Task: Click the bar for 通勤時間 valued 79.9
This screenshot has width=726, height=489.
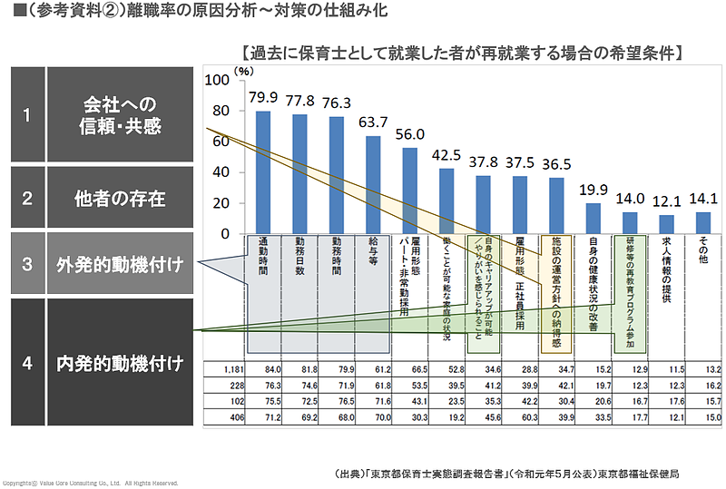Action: [263, 172]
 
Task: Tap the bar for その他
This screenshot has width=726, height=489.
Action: [702, 223]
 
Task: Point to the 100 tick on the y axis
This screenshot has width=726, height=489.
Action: [218, 80]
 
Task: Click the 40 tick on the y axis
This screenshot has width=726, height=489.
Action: [221, 172]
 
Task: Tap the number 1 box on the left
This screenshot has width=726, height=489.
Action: [27, 115]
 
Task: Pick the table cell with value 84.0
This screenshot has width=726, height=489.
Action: [263, 369]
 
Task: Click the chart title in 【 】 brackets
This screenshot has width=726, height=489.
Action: [462, 52]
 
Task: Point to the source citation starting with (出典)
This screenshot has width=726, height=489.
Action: [507, 474]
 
